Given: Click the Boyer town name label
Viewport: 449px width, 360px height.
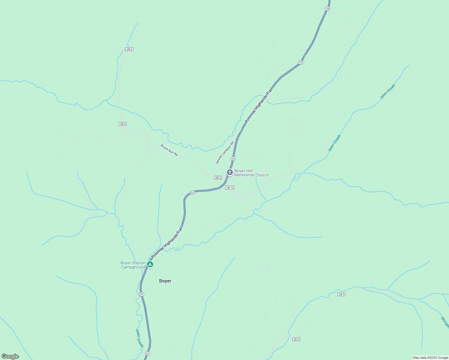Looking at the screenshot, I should click(x=165, y=281).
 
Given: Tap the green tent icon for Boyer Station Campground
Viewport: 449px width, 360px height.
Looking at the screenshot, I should click(x=150, y=265).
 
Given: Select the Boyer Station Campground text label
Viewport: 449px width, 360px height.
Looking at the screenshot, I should click(x=133, y=265).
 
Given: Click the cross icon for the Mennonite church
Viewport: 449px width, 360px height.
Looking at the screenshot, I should click(x=230, y=172).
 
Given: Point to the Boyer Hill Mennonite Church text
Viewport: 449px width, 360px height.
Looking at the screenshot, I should click(x=251, y=173).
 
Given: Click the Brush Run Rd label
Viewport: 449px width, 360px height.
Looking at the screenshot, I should click(x=169, y=150).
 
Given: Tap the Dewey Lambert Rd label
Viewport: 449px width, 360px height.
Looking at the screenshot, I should click(x=224, y=153).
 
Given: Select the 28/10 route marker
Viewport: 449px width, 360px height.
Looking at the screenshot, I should click(x=230, y=187).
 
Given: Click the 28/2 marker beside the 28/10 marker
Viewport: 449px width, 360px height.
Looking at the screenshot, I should click(x=218, y=178).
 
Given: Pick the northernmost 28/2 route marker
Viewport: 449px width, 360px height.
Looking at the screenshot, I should click(x=129, y=49).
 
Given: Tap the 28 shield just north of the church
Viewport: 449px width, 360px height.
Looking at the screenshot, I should click(x=233, y=158).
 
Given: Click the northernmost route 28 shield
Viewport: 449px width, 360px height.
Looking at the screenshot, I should click(x=327, y=9).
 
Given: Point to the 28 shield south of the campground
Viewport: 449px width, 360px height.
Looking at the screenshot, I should click(x=141, y=294).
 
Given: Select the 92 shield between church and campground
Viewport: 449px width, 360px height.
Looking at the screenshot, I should click(x=193, y=192).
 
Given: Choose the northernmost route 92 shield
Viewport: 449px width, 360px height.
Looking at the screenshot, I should click(x=300, y=62).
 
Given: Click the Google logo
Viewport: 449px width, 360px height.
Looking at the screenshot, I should click(x=10, y=356).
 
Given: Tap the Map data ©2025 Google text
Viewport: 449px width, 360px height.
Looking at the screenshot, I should click(x=430, y=358).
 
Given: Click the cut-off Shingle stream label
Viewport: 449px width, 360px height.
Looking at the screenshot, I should click(x=444, y=322).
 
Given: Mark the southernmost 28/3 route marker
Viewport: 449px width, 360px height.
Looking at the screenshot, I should click(x=296, y=339).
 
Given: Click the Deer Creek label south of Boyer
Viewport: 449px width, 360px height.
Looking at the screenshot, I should click(x=139, y=338).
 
